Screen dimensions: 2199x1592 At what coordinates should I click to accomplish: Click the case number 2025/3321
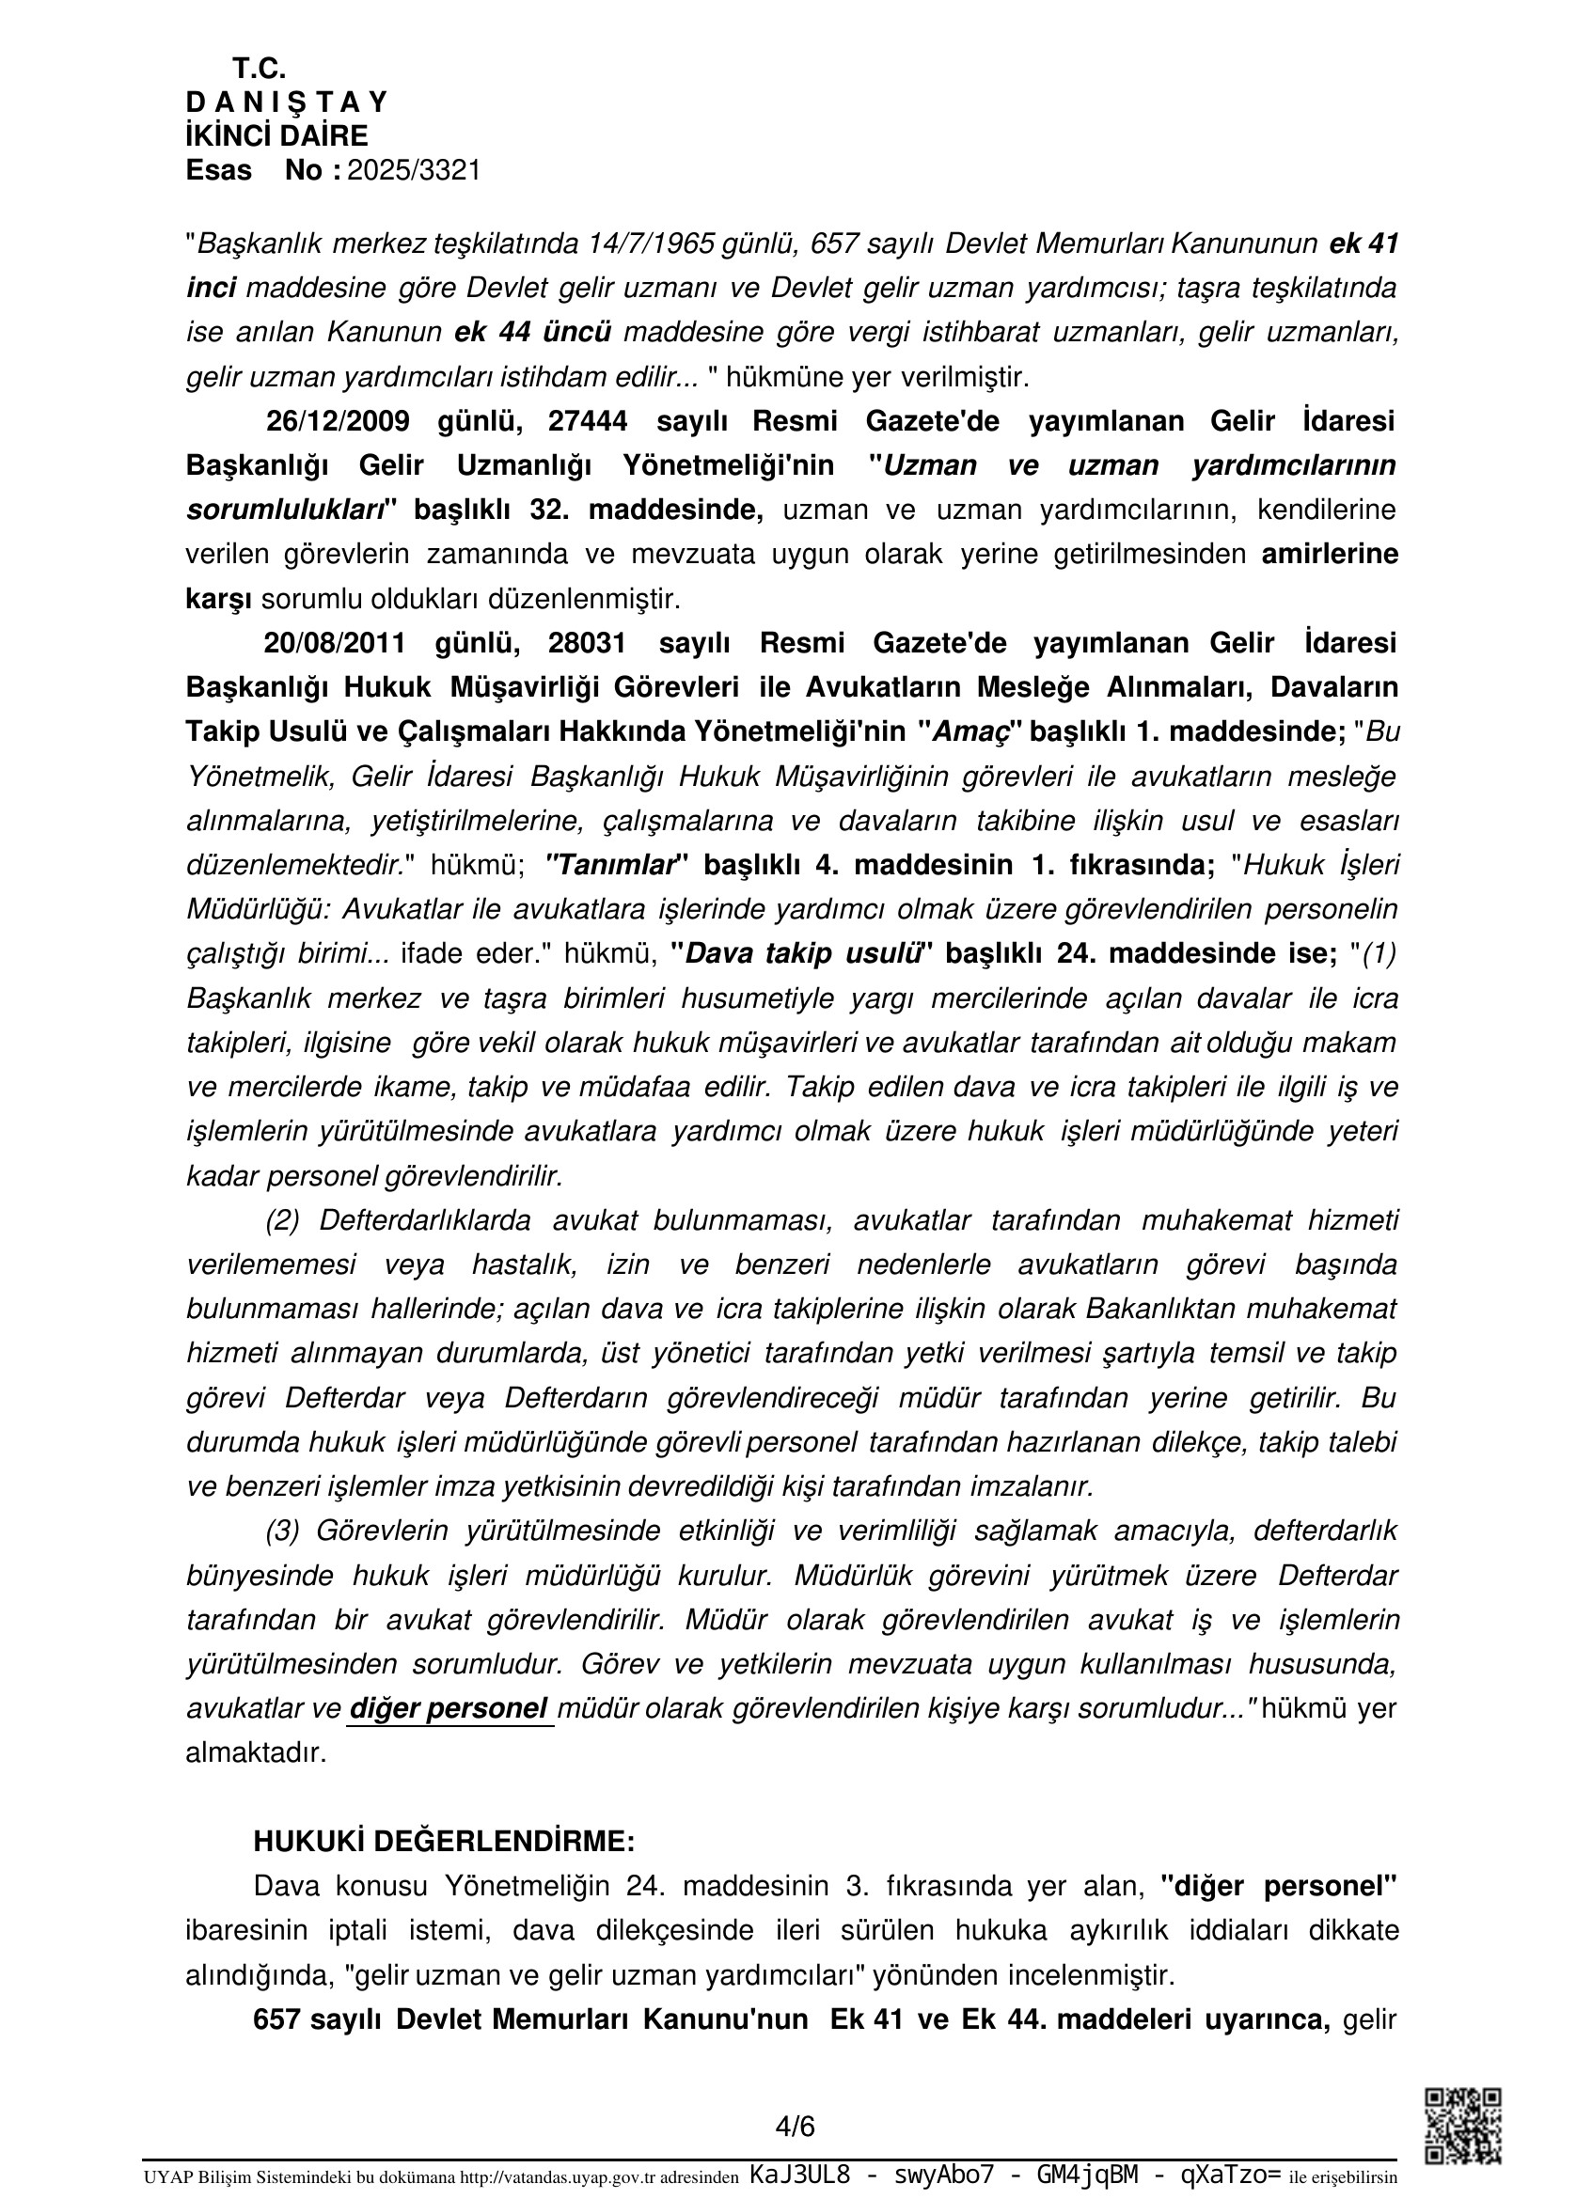414,171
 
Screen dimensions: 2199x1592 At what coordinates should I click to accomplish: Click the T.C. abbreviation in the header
259,69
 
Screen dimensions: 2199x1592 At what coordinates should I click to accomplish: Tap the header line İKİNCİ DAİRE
277,135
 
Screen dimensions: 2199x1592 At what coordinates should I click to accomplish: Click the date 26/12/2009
337,421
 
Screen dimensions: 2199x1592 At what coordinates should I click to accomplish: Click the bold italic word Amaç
976,732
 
